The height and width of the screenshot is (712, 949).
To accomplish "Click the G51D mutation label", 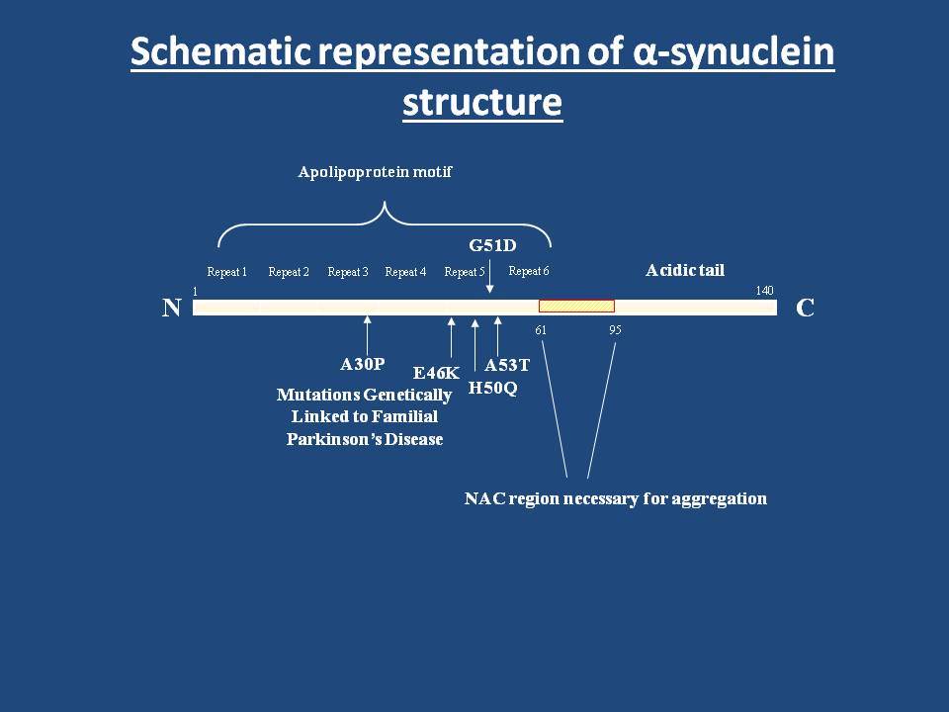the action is click(x=492, y=246).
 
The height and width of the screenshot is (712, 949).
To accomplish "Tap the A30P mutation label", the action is click(x=363, y=364).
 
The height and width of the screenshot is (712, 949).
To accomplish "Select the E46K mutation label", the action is click(x=436, y=373).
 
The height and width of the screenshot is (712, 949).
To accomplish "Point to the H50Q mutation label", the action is click(x=492, y=388).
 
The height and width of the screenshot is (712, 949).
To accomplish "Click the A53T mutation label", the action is click(x=507, y=365).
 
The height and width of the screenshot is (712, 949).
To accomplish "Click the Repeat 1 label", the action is click(x=227, y=272).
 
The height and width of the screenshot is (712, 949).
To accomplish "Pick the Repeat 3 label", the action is click(x=348, y=272).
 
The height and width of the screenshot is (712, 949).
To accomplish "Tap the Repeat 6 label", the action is click(x=529, y=271).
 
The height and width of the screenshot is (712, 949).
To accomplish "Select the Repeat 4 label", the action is click(x=405, y=272).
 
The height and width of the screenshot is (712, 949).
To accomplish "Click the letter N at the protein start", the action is click(x=172, y=309).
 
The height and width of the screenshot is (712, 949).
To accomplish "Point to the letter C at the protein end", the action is click(x=805, y=309).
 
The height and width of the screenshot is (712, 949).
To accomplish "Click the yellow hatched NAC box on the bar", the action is click(x=576, y=307).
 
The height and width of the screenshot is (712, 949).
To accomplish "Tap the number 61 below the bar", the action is click(x=541, y=330).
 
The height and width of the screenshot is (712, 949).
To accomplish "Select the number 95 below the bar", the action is click(x=615, y=330).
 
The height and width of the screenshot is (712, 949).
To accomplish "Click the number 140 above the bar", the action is click(x=764, y=291).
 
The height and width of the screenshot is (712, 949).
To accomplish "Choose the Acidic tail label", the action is click(x=685, y=270).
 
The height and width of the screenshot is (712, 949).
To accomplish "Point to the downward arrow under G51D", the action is click(x=489, y=277).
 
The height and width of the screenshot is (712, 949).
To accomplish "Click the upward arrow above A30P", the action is click(x=367, y=335).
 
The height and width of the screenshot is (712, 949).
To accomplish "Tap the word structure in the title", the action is click(x=482, y=102).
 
